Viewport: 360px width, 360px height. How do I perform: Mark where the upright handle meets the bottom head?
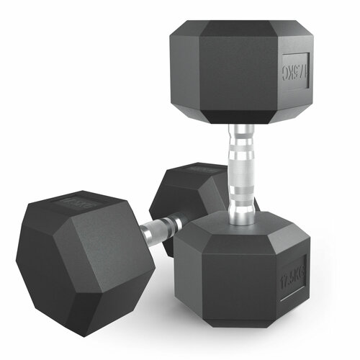(x=242, y=212)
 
